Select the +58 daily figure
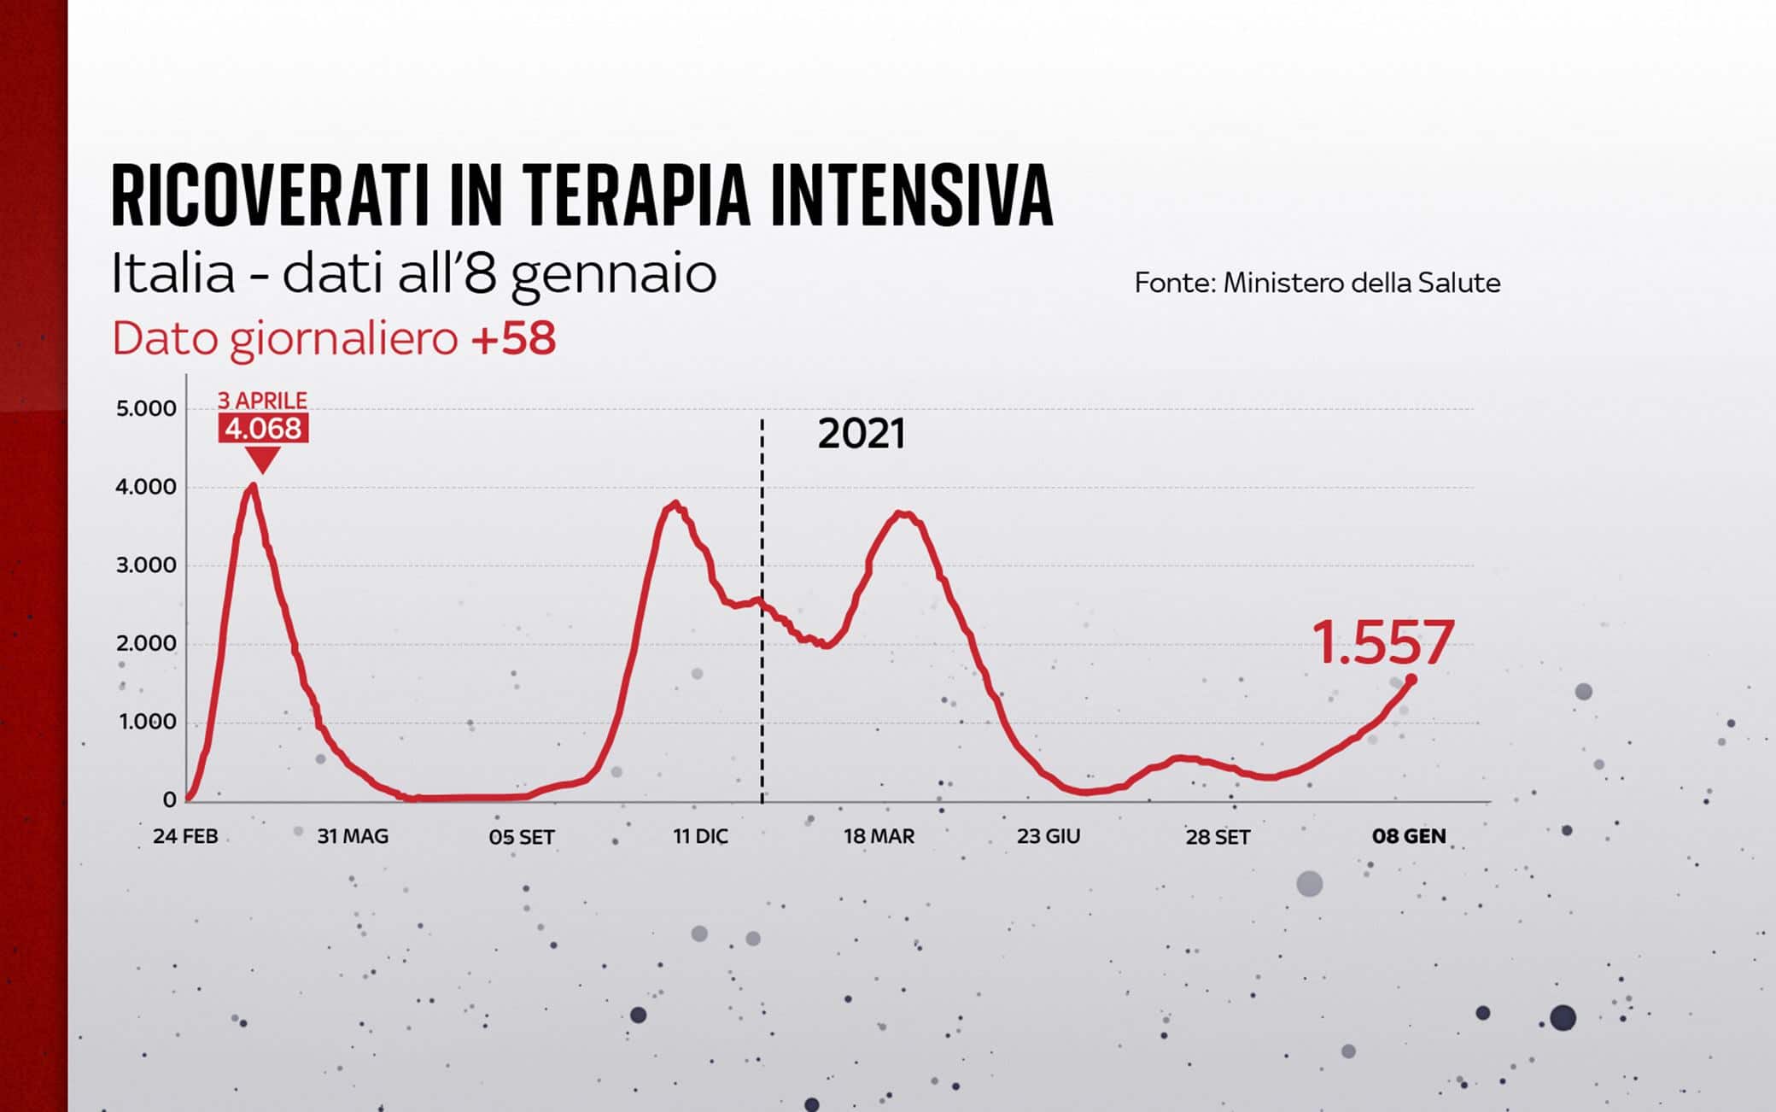tap(513, 338)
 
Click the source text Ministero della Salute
tap(1361, 283)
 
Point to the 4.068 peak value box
tap(263, 428)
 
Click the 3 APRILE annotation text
tap(262, 401)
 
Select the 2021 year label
tap(861, 434)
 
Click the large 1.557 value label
tap(1382, 642)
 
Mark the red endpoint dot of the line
tap(1411, 680)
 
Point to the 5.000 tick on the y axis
tap(146, 408)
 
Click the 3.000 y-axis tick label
tap(146, 565)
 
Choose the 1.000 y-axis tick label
tap(147, 723)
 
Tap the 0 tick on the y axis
tap(169, 800)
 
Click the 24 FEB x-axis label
tap(185, 836)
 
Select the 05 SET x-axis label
tap(522, 837)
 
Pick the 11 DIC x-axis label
tap(700, 836)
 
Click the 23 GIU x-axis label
tap(1048, 836)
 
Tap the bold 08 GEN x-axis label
tap(1409, 836)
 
